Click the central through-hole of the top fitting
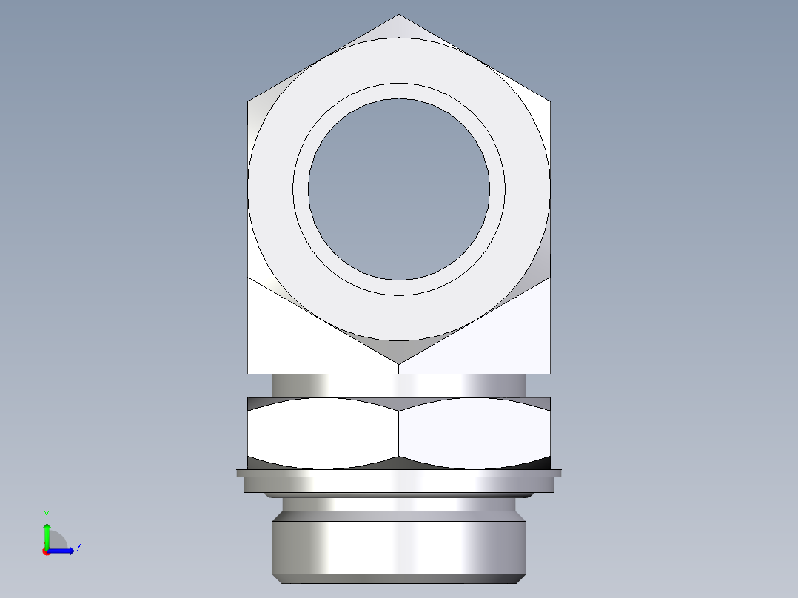click(399, 189)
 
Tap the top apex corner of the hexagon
click(399, 16)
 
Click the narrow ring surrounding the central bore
click(399, 91)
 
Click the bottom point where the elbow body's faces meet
click(399, 363)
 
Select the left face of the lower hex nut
click(323, 433)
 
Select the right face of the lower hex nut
click(474, 433)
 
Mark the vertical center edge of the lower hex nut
click(399, 433)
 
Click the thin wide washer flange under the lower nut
click(399, 472)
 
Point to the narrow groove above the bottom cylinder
click(399, 504)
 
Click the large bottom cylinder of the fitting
click(399, 544)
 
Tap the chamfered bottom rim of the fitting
click(399, 578)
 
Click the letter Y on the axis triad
click(46, 514)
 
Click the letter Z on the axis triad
click(78, 547)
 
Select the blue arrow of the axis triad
click(63, 551)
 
